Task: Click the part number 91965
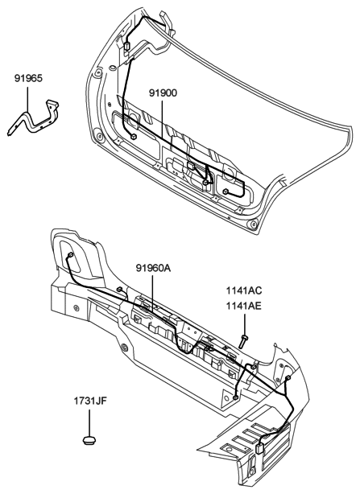tap(28, 78)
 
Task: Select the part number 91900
tap(163, 93)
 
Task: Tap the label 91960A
tap(153, 268)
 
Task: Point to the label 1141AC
tap(244, 290)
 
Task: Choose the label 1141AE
tap(244, 306)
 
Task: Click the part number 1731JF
tap(90, 401)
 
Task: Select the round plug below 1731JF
tap(89, 439)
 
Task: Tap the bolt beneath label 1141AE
tap(243, 341)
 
